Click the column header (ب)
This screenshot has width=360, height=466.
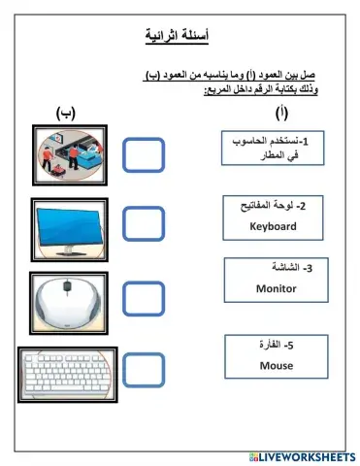click(x=67, y=113)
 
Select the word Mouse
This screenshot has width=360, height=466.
click(x=276, y=365)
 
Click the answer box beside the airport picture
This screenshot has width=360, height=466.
click(x=146, y=153)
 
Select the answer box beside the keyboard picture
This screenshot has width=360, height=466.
click(x=146, y=367)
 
